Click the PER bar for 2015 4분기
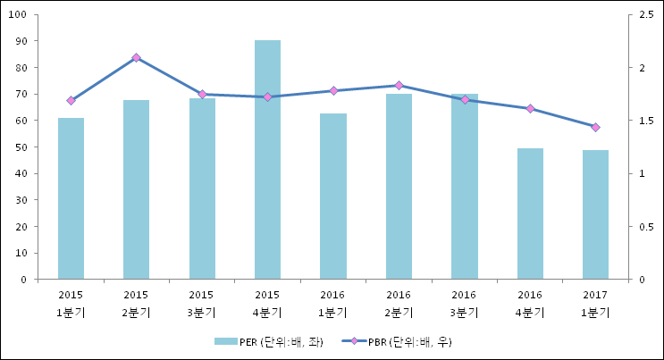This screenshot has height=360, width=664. tap(267, 161)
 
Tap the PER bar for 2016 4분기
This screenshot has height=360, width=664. tap(530, 214)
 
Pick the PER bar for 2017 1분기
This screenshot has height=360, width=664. tap(595, 215)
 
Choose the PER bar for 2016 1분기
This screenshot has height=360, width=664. tap(333, 197)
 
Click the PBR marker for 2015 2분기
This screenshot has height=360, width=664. tap(136, 57)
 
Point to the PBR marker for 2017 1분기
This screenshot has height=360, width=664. tap(595, 127)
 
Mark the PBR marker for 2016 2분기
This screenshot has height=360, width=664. tap(399, 86)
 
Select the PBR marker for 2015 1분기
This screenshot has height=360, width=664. tap(71, 100)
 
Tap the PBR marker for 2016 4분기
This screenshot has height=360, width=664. tap(530, 108)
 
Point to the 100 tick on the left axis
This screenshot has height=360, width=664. tap(21, 15)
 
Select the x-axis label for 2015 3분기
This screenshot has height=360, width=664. tap(202, 303)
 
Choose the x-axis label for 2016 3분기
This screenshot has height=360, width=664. tap(464, 303)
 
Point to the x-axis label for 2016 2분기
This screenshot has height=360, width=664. tap(399, 303)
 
